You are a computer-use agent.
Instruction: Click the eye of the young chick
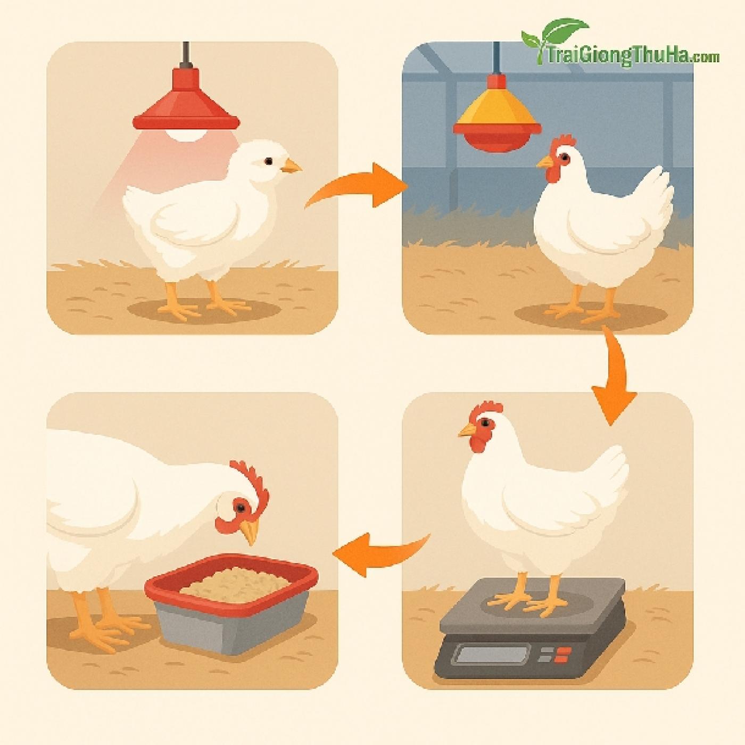coord(268,161)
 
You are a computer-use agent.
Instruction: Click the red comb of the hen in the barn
coord(562,142)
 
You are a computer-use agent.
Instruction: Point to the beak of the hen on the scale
coord(467,430)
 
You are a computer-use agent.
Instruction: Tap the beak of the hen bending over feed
coord(250,531)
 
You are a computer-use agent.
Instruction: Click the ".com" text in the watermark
coord(706,58)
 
